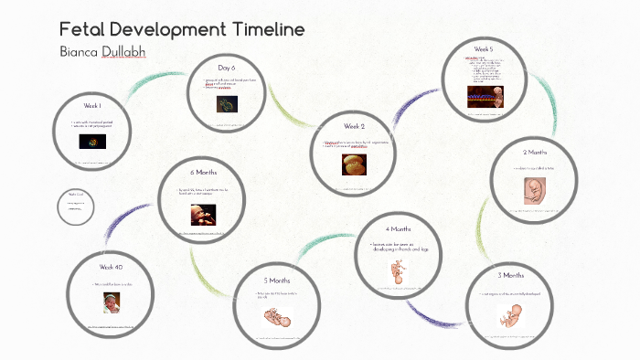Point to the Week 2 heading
click(355, 126)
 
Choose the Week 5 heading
click(484, 48)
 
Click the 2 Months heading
click(536, 152)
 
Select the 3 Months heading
click(511, 275)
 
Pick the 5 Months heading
click(277, 280)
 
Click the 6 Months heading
click(203, 173)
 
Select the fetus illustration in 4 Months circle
click(398, 271)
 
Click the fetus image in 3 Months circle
click(508, 315)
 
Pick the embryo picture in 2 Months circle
click(536, 189)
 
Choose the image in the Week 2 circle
click(353, 164)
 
